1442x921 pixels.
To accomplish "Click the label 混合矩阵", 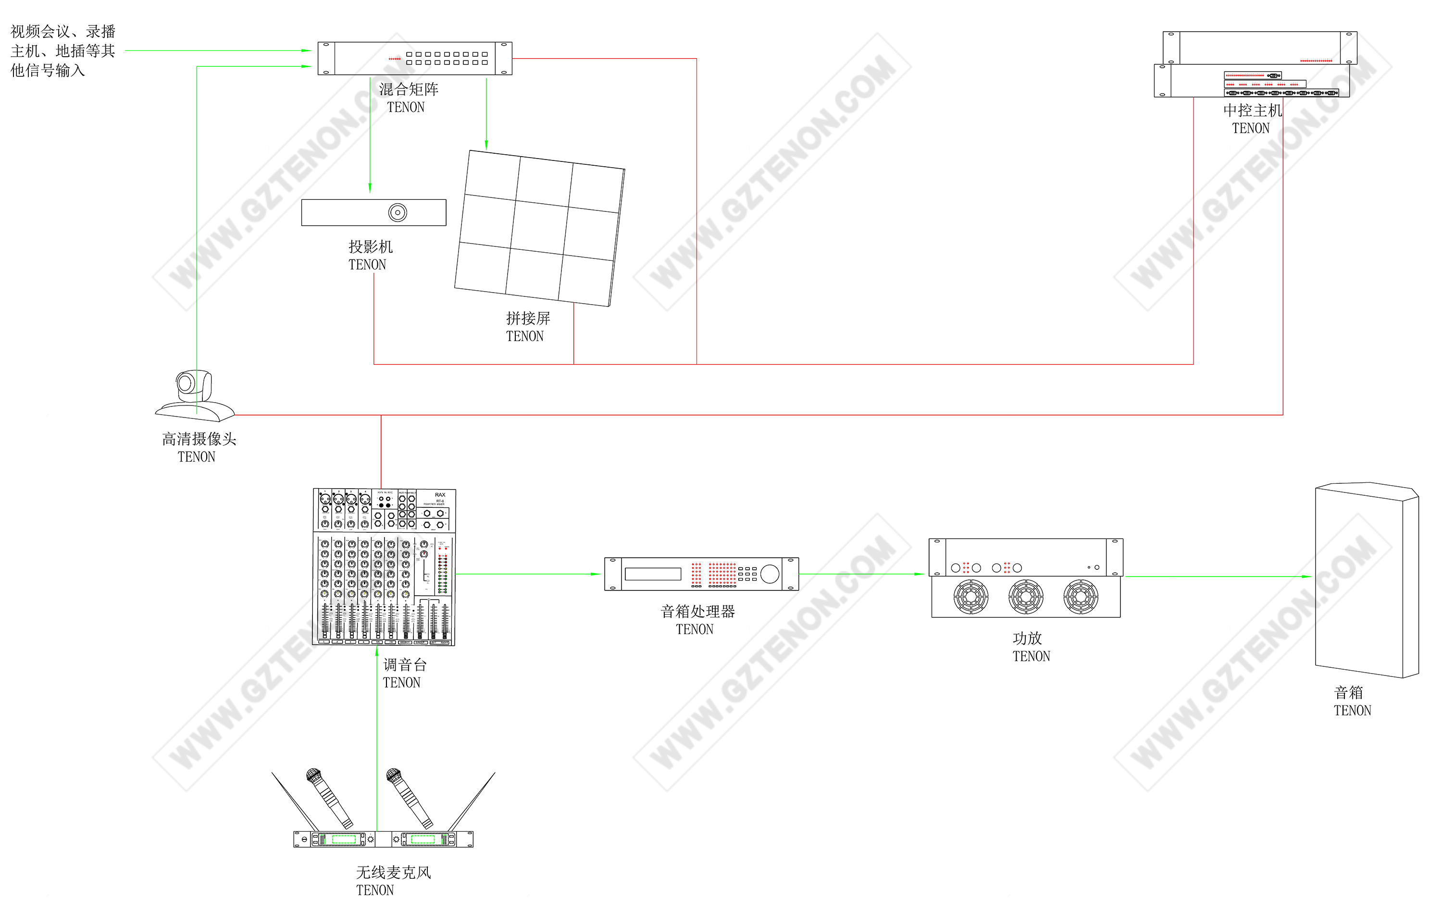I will [409, 90].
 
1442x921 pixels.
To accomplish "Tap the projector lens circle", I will [398, 212].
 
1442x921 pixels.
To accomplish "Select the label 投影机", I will [371, 246].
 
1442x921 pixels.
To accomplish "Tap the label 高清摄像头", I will [199, 439].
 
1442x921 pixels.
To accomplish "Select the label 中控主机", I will [1252, 111].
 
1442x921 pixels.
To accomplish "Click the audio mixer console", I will [384, 567].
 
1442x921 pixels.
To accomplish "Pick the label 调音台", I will [405, 664].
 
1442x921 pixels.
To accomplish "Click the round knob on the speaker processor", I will [770, 574].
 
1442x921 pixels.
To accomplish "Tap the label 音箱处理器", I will [697, 611].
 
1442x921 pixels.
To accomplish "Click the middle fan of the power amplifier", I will [1025, 597].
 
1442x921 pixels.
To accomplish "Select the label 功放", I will [1027, 638].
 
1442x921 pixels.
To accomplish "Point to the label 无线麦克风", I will [394, 872].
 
